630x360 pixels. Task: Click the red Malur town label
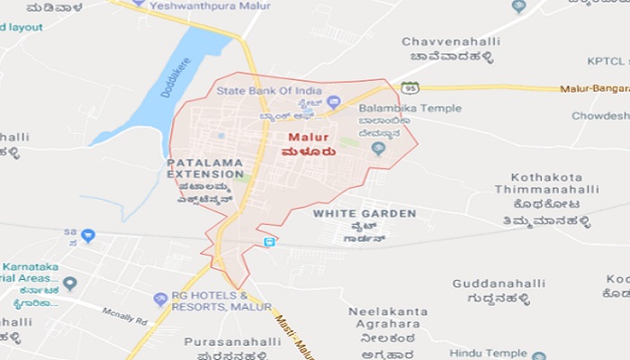tap(306, 138)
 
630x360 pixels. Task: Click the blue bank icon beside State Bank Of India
tap(334, 102)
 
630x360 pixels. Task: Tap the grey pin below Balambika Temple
tap(378, 149)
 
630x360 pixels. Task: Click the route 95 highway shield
tap(409, 87)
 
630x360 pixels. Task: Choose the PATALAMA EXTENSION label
tap(205, 167)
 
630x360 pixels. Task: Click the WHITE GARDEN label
tap(364, 213)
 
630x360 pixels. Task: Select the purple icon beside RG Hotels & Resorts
tap(160, 298)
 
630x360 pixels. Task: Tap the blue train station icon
tap(269, 242)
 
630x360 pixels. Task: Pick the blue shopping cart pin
tap(87, 236)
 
